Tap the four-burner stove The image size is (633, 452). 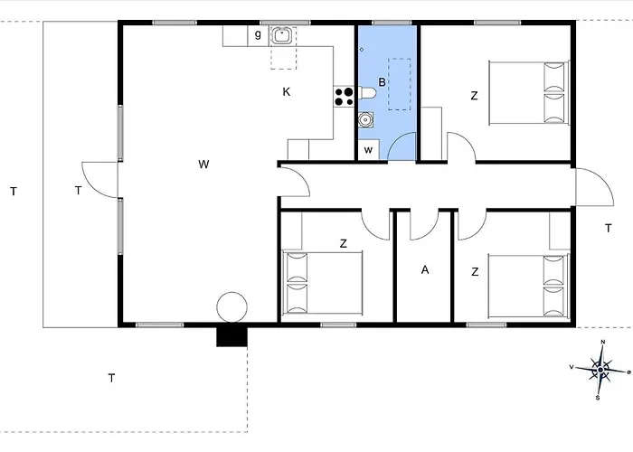344,97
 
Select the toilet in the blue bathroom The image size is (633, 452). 367,93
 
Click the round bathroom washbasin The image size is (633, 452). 365,120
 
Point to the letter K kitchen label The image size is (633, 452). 287,92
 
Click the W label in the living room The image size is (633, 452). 203,165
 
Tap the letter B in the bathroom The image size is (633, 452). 382,82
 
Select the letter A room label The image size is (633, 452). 425,270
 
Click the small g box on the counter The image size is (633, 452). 258,35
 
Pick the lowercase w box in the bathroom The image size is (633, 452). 369,150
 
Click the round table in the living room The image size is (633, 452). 231,307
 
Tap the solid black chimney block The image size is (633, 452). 231,336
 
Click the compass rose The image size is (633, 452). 600,370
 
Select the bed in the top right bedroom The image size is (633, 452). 529,93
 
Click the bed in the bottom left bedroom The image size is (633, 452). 323,282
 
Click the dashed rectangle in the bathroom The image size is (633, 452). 400,84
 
